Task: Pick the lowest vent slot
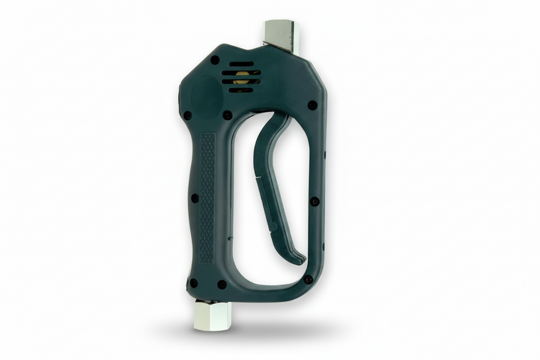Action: click(x=240, y=90)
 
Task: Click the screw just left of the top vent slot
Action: click(x=215, y=60)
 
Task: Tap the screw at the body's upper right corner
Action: click(x=312, y=105)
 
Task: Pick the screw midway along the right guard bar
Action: click(x=315, y=201)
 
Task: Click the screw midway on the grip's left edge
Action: click(x=194, y=199)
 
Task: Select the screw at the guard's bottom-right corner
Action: click(x=308, y=279)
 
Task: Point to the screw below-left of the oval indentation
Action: click(x=187, y=115)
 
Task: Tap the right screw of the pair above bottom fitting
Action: click(x=221, y=284)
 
